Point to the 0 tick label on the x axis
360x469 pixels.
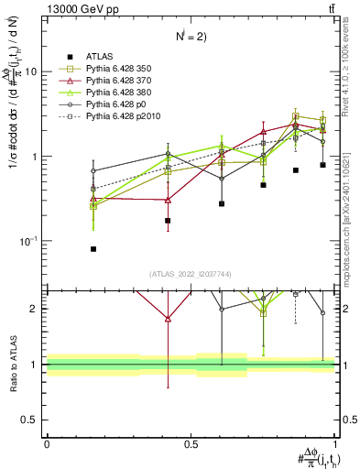click(47, 443)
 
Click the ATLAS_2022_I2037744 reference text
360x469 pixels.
click(191, 274)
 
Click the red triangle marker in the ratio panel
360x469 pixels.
click(167, 319)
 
